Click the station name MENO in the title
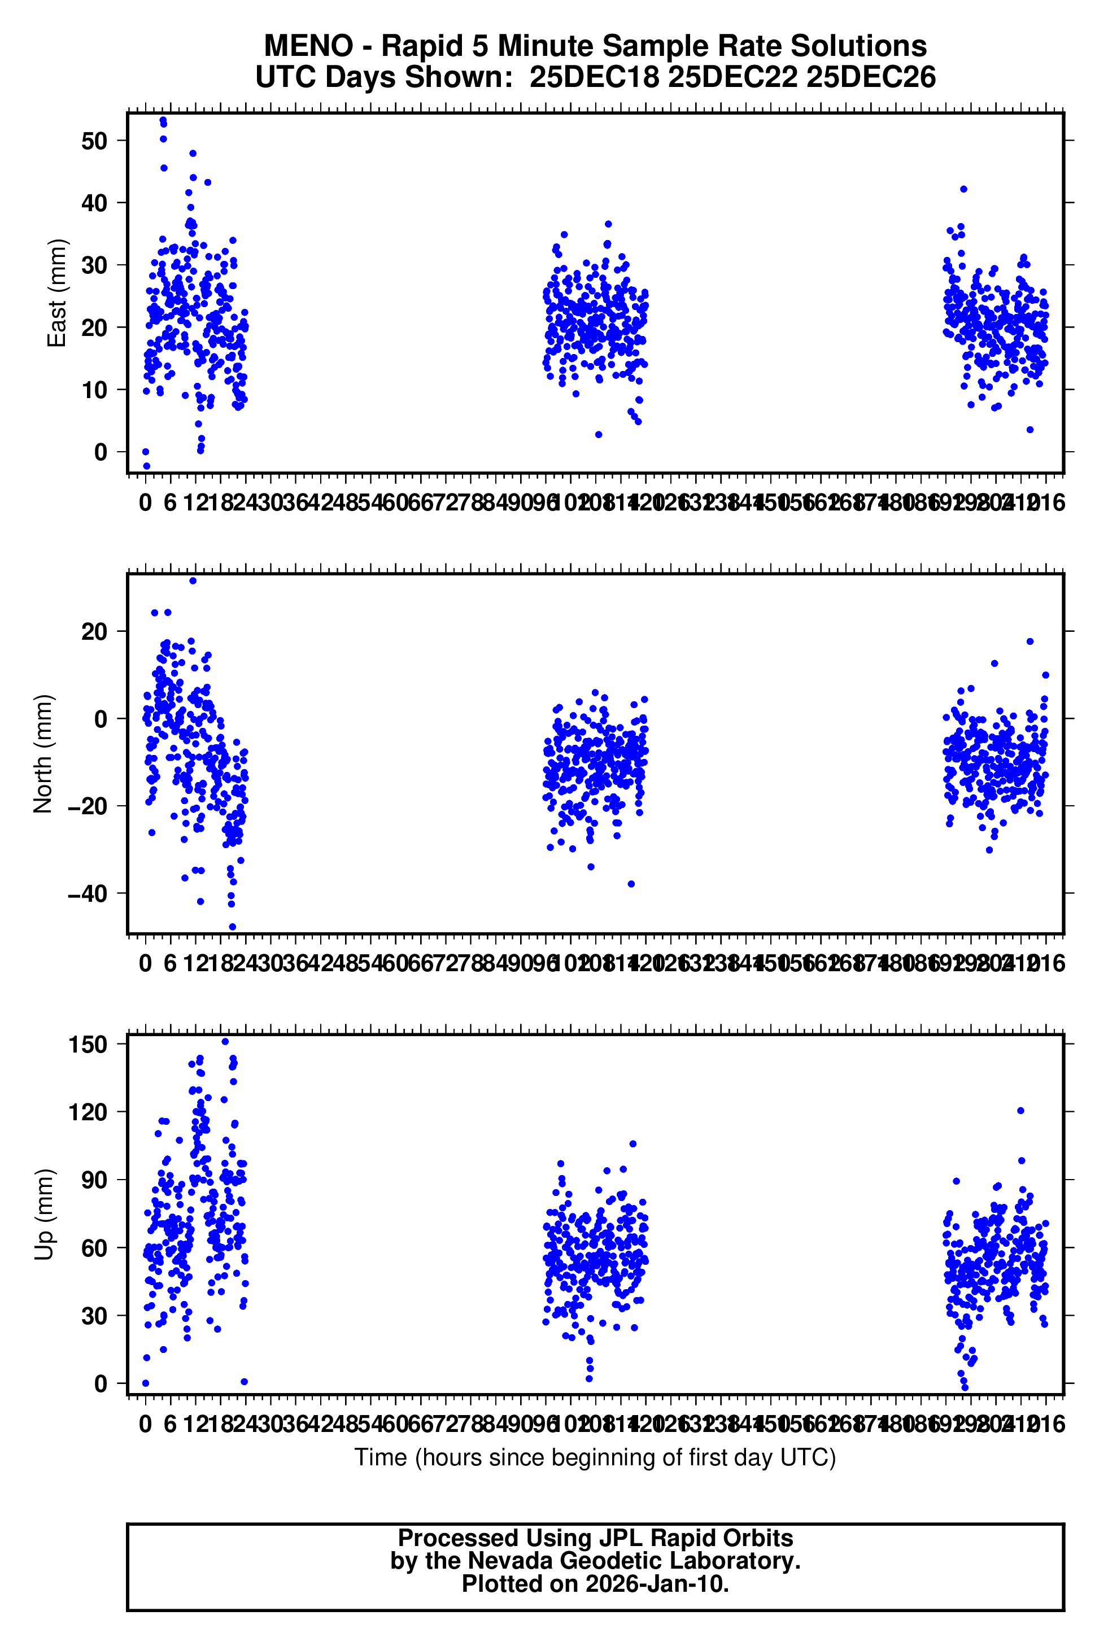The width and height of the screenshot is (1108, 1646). coord(308,47)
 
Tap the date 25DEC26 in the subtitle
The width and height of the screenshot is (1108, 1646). coord(871,77)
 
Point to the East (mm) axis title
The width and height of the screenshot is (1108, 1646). coord(56,293)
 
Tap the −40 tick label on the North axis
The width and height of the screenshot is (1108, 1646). coord(87,894)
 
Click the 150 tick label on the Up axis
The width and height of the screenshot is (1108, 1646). coord(88,1044)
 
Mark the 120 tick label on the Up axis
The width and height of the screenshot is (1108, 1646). coord(88,1112)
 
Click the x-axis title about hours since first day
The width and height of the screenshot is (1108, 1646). coord(595,1457)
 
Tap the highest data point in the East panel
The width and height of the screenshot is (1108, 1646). coord(163,120)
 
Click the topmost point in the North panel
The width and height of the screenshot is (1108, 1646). coord(193,580)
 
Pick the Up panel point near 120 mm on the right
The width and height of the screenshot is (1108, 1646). coord(1020,1111)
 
